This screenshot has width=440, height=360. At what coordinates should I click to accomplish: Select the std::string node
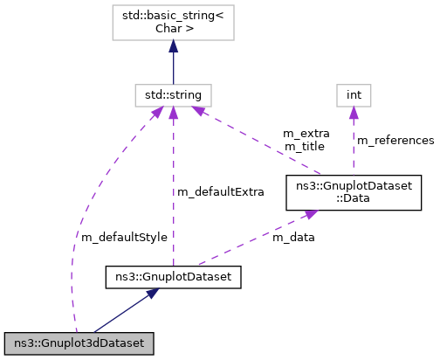173,93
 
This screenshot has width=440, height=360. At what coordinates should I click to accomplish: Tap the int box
354,93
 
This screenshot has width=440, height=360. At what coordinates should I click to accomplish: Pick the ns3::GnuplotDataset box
173,278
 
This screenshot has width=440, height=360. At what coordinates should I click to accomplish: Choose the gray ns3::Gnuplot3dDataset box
79,342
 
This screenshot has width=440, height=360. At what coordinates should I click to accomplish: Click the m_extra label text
306,134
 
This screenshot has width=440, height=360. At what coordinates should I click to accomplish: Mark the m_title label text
303,146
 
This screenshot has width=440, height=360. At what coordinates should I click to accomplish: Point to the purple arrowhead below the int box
354,111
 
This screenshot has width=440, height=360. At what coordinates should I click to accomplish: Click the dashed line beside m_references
354,144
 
